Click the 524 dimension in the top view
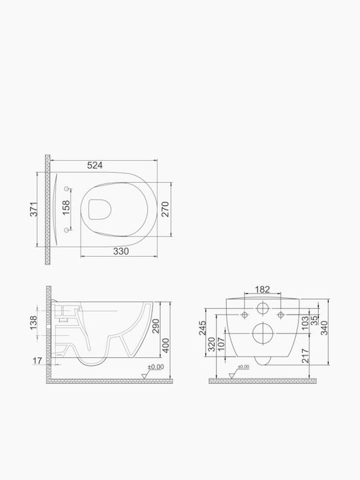pos(95,165)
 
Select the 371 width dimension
pos(34,209)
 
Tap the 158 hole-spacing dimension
pos(66,207)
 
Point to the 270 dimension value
pos(165,209)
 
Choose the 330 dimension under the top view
pos(121,251)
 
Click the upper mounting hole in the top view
pos(67,189)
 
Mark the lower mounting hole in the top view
pos(67,230)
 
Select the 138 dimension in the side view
pos(33,323)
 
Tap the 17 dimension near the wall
pos(37,361)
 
